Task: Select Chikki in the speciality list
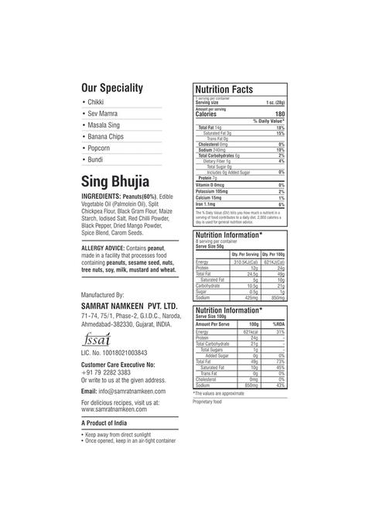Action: point(97,102)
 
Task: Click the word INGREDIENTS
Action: point(104,197)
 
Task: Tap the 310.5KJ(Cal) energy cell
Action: point(244,262)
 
